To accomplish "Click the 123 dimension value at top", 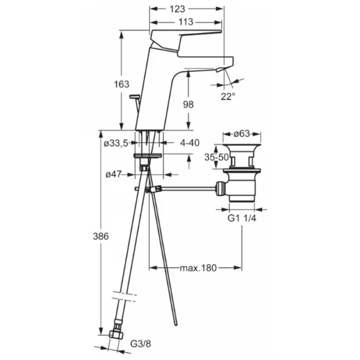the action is pos(177,9).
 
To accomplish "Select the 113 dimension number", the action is pos(186,22).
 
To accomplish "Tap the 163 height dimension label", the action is pos(122,84).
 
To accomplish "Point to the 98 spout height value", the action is pos(188,104).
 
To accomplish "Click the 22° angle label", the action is pos(228,97).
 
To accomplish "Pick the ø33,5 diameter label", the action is pos(116,143).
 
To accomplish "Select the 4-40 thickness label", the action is pos(190,143).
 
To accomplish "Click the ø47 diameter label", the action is pos(113,175).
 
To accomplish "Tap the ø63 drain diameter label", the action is pos(242,133).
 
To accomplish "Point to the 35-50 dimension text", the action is pos(217,157).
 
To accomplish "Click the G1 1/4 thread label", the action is pos(242,218).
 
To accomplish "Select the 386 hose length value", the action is pos(101,236).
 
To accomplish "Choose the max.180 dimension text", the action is pos(198,268).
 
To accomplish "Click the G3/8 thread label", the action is pos(141,344).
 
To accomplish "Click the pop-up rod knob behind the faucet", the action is pos(134,97).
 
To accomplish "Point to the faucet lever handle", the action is pos(185,38).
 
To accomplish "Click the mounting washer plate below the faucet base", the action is pos(148,155).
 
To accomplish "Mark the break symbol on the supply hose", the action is pos(124,296).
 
